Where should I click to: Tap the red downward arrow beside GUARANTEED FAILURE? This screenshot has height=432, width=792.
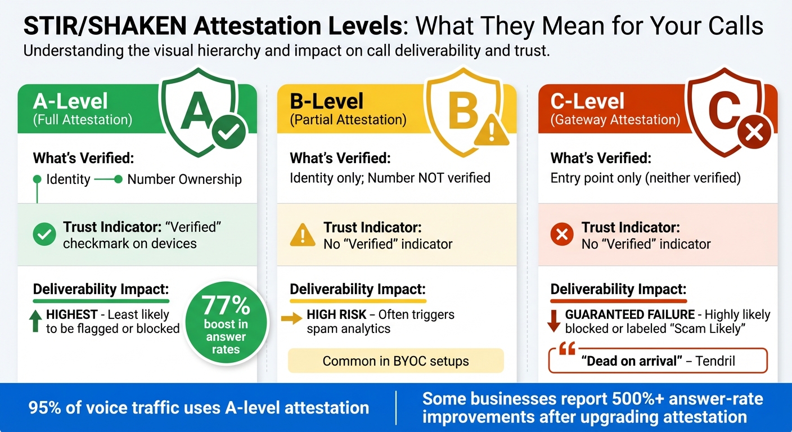[554, 320]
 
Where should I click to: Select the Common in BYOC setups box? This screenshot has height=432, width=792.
[395, 361]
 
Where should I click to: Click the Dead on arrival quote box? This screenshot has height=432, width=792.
[658, 361]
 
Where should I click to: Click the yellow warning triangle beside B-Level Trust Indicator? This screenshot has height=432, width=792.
[302, 235]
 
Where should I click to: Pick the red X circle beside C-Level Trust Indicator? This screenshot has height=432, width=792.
[561, 235]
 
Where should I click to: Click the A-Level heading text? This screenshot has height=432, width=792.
[71, 101]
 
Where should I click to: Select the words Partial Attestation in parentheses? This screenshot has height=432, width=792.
[348, 119]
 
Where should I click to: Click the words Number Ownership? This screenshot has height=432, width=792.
[184, 179]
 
